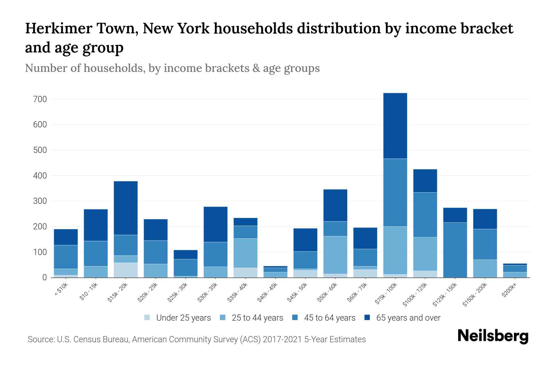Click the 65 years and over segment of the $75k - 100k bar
click(395, 126)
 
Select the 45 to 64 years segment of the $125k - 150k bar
click(455, 250)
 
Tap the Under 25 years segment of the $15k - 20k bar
click(125, 270)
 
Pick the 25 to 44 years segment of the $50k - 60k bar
click(335, 255)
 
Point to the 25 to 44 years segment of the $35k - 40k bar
click(245, 253)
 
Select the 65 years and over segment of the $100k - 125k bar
click(425, 181)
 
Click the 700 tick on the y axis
click(40, 99)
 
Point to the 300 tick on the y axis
click(40, 201)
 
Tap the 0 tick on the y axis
click(44, 278)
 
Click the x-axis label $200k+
click(509, 291)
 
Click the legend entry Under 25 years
click(183, 318)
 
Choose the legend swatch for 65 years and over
click(367, 318)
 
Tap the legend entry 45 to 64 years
click(329, 318)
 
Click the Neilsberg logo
click(493, 336)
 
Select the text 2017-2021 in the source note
click(282, 339)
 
